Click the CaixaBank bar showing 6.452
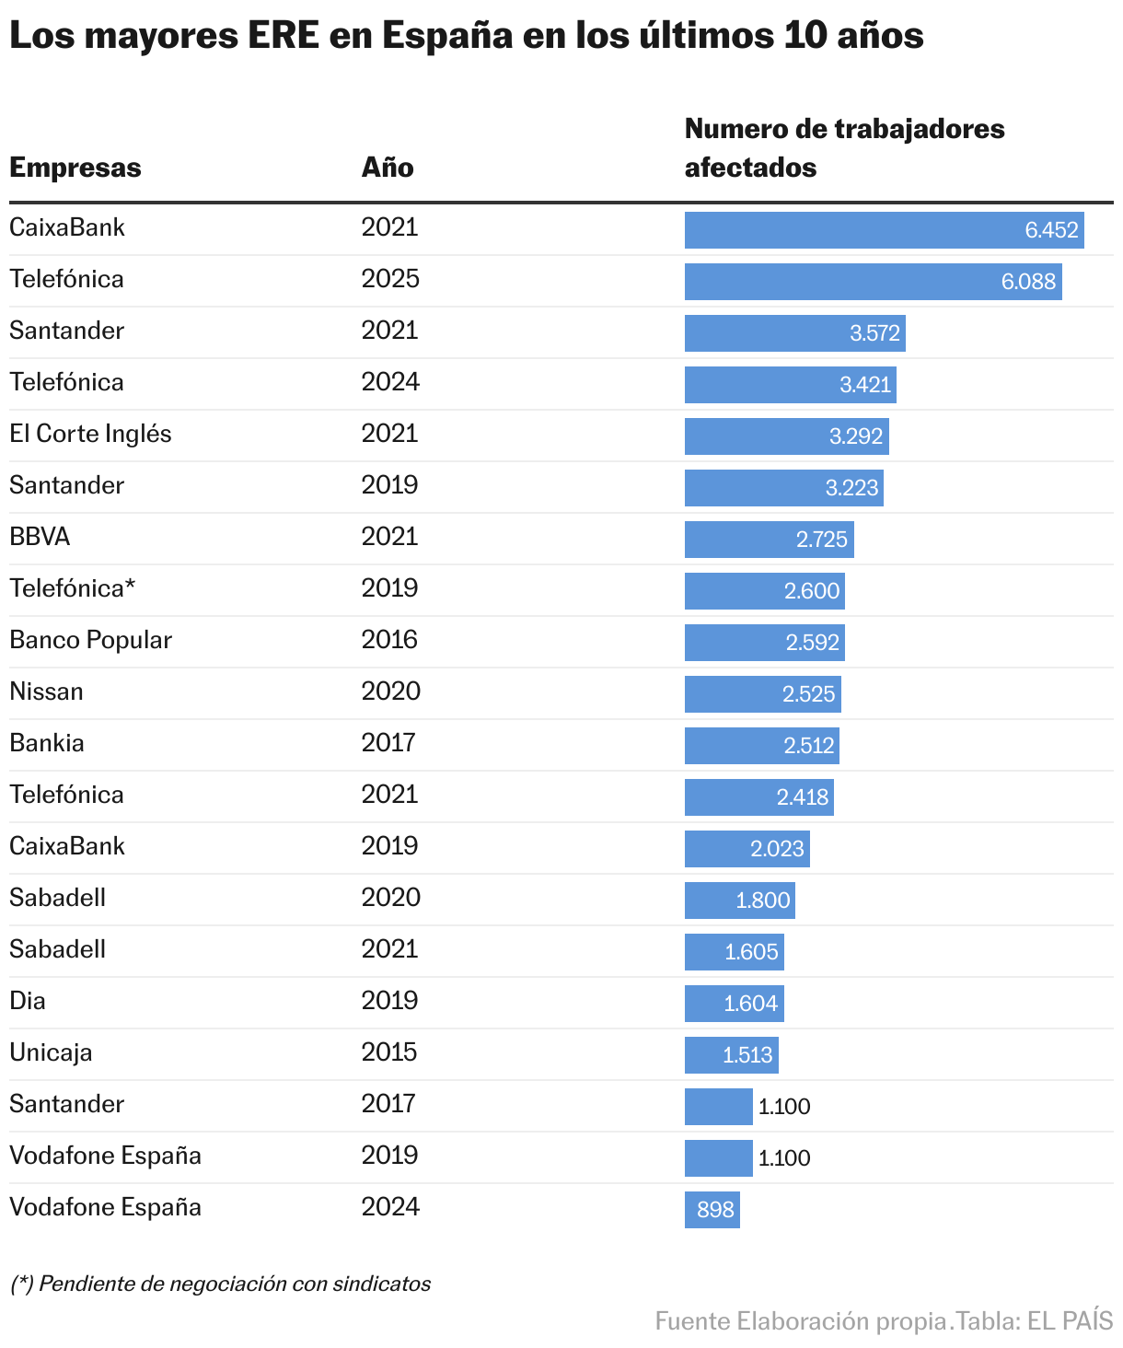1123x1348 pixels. [884, 230]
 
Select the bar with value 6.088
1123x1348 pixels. [873, 282]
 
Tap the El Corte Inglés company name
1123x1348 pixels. [90, 434]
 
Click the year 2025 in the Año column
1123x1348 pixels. [390, 279]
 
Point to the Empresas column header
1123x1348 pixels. [75, 168]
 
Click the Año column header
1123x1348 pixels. [388, 168]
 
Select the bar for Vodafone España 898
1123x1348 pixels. [712, 1210]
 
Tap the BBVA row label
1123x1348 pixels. [40, 537]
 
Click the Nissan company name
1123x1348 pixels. [46, 691]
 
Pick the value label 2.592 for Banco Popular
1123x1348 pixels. [812, 643]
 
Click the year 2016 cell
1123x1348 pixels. [390, 640]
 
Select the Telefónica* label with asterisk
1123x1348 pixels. [72, 588]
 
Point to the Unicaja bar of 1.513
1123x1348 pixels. [731, 1055]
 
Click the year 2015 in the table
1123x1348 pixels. [390, 1052]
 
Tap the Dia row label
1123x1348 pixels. [28, 1001]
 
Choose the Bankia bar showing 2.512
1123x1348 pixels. [761, 746]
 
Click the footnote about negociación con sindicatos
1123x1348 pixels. [220, 1284]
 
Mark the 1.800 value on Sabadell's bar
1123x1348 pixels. [762, 901]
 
